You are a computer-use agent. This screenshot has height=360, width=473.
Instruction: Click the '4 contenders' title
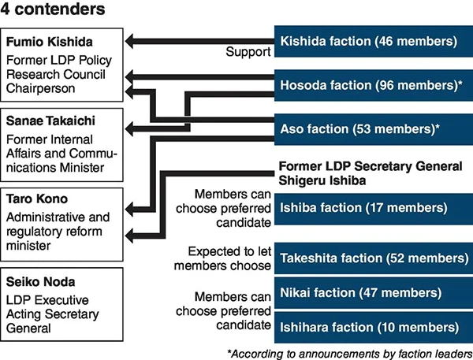[53, 9]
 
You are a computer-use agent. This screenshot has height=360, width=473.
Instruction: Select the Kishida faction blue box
[374, 41]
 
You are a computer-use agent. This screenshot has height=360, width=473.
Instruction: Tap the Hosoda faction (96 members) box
[374, 85]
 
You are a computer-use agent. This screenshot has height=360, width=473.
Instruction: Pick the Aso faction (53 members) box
[374, 129]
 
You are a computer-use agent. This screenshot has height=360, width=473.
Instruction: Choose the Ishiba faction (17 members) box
[374, 208]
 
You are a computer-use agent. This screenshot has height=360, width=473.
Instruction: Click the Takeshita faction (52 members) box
[374, 258]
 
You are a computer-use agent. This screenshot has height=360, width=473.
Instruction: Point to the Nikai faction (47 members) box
[374, 293]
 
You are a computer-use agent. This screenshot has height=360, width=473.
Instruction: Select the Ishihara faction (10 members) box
[374, 328]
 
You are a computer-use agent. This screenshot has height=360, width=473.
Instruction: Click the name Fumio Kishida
[50, 42]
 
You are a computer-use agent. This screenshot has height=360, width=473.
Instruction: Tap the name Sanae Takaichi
[50, 121]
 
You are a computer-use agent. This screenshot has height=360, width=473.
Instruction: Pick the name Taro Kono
[37, 199]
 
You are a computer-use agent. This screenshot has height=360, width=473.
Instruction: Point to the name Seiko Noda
[41, 282]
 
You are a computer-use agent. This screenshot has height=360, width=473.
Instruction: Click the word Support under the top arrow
[248, 52]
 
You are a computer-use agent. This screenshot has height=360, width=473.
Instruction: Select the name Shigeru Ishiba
[322, 180]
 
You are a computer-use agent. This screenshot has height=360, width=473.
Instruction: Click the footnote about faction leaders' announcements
[350, 354]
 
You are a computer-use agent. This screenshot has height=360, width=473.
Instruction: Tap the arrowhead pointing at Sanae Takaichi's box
[130, 129]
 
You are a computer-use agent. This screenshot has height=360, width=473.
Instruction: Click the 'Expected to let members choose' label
[222, 258]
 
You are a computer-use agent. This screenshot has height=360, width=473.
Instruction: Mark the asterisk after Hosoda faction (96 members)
[460, 83]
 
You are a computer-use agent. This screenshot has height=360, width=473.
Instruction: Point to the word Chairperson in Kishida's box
[40, 89]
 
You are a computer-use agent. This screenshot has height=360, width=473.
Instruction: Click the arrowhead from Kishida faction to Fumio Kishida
[130, 41]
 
